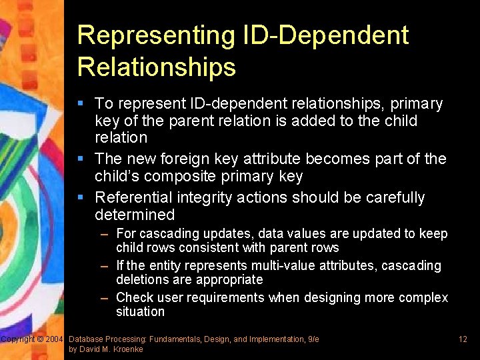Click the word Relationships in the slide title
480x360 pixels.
point(156,67)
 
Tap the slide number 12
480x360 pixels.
point(463,340)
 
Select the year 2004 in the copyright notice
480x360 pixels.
point(54,340)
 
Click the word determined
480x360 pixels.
point(135,215)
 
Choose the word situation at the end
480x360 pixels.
point(140,311)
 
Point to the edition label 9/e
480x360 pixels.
point(313,339)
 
